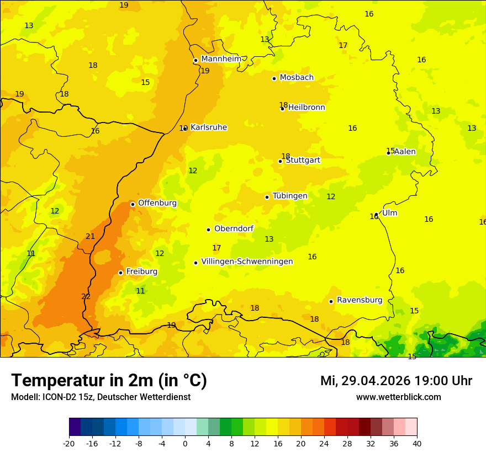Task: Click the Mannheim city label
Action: click(221, 59)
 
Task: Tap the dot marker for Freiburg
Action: click(120, 273)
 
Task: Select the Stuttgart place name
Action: click(303, 161)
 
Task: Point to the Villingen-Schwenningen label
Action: click(247, 262)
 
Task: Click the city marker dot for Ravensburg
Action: click(331, 301)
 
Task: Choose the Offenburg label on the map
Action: click(157, 203)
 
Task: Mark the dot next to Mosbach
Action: click(274, 78)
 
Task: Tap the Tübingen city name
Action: click(290, 196)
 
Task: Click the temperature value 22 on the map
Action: click(86, 297)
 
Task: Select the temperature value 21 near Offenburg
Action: click(91, 237)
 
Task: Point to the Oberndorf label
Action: click(234, 229)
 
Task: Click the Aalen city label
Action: click(405, 152)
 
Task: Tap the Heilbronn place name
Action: click(307, 108)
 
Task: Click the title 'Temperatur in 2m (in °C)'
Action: click(109, 380)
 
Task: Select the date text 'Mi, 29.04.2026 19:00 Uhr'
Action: click(396, 381)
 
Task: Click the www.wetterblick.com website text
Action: click(398, 397)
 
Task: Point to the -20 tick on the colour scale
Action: click(69, 443)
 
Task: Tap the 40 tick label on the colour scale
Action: click(417, 443)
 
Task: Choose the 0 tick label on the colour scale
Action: click(185, 443)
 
